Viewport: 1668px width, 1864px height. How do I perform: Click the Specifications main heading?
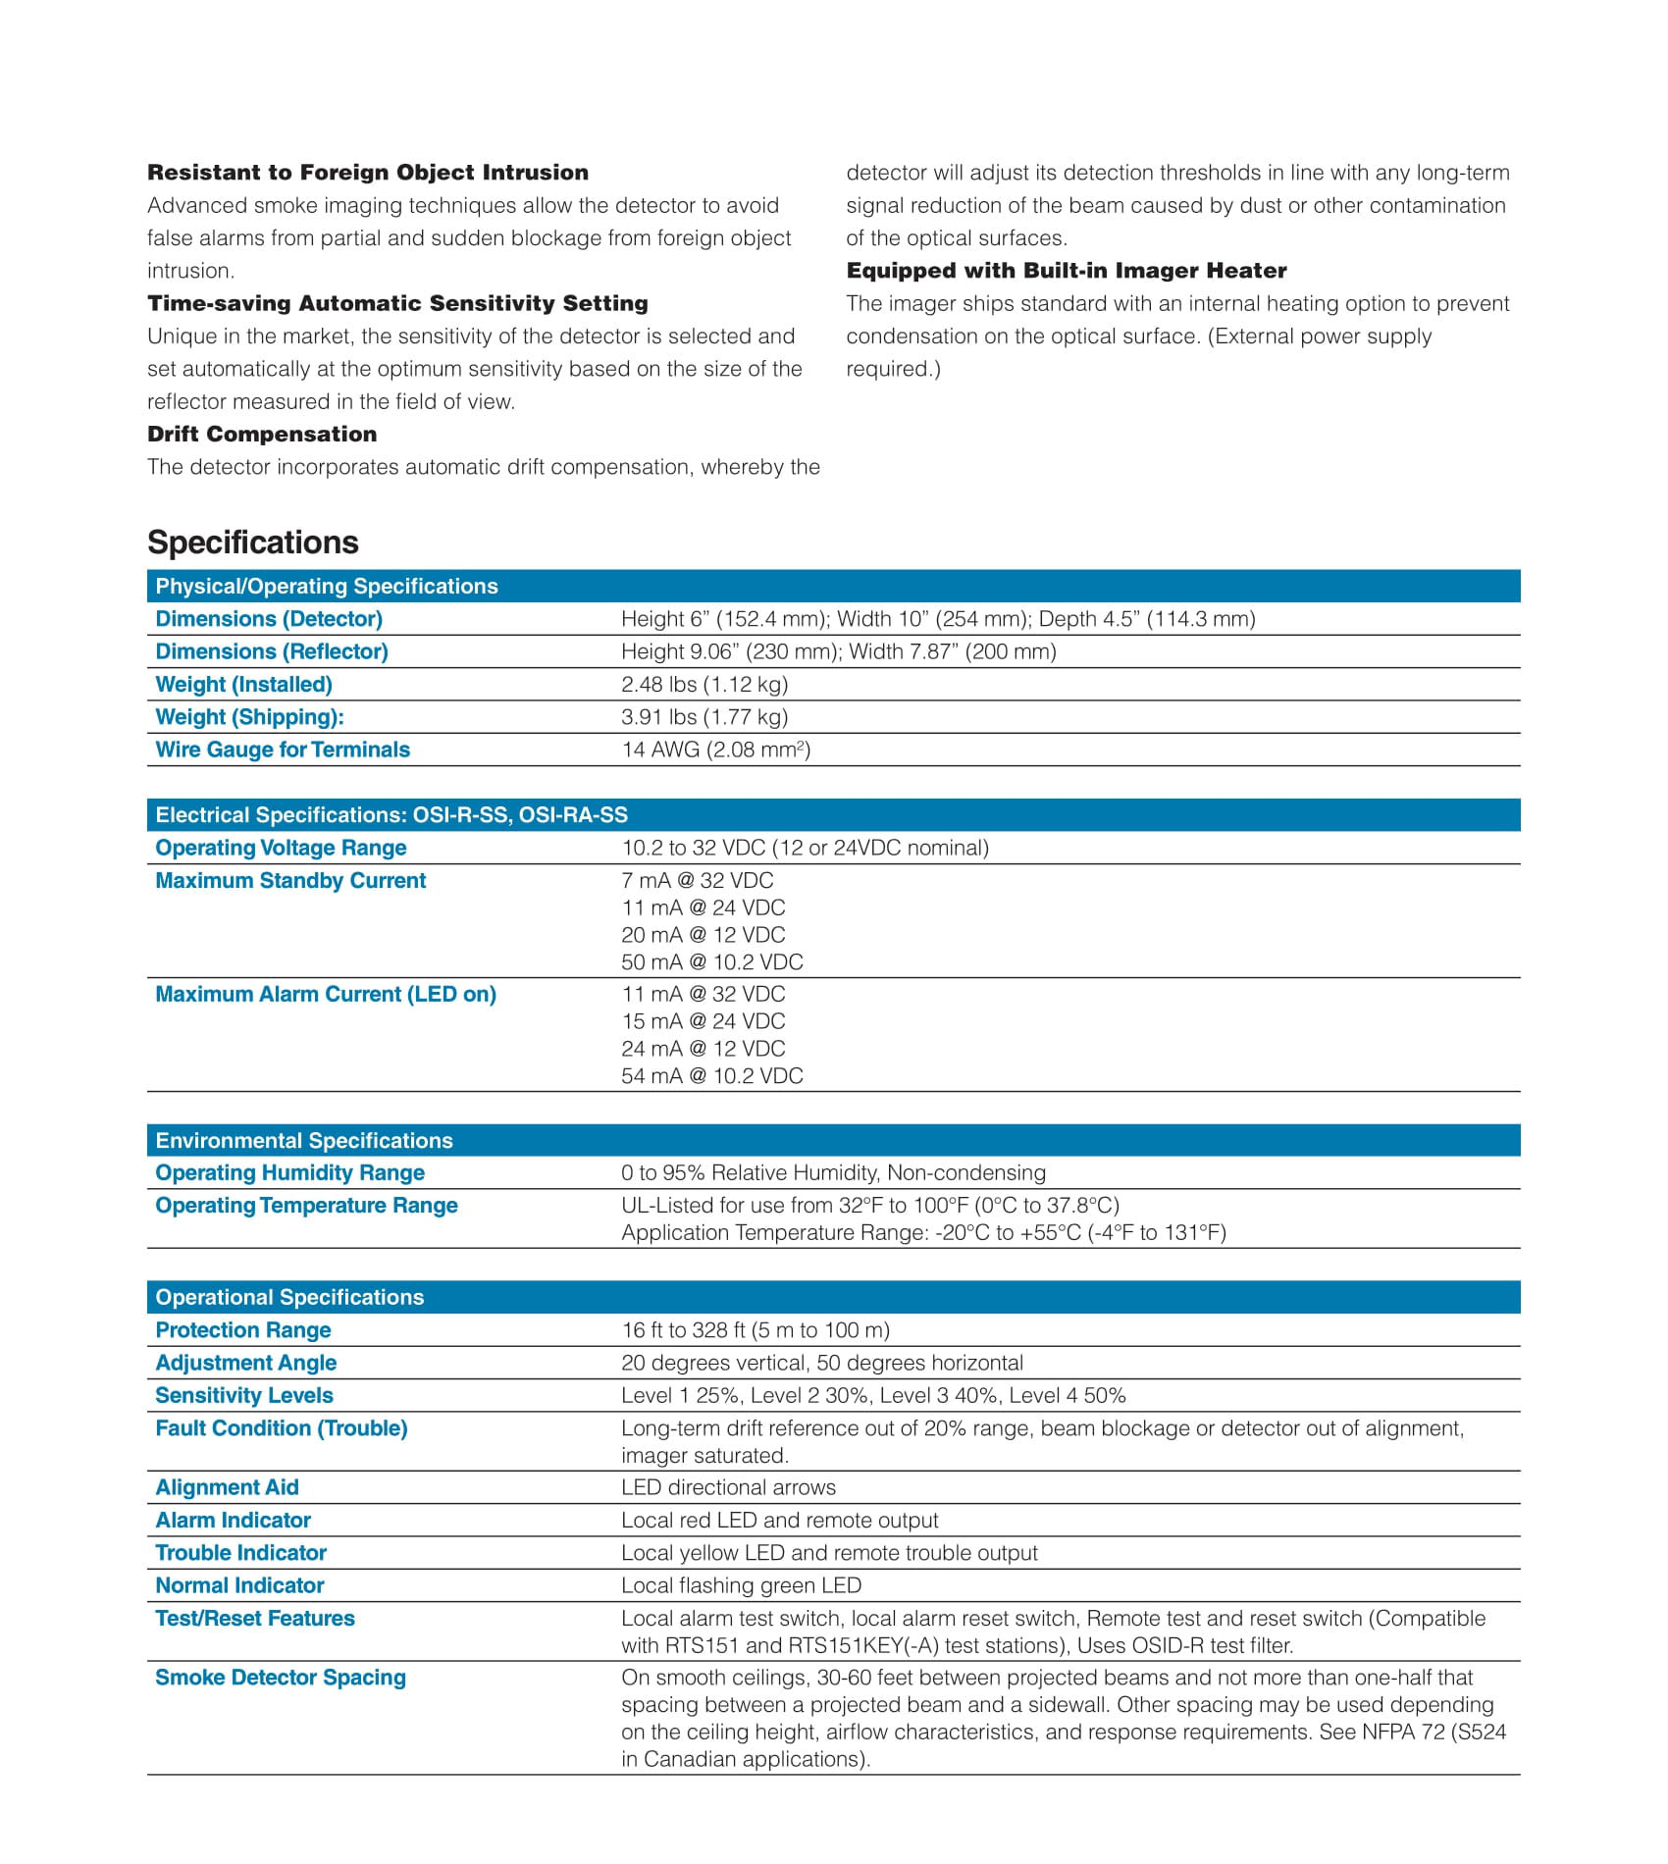(x=253, y=543)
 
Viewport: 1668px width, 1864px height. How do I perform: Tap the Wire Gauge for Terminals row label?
(x=283, y=750)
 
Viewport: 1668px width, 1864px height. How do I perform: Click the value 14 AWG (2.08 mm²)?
(x=715, y=750)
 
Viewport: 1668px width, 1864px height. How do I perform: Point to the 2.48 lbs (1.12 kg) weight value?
(x=704, y=684)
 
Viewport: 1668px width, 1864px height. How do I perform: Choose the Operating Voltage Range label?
(x=281, y=848)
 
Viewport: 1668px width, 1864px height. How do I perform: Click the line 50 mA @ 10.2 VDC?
(x=711, y=961)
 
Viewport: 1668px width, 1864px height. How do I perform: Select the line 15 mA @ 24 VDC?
(x=703, y=1020)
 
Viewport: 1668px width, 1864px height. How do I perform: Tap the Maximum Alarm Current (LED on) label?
(x=326, y=994)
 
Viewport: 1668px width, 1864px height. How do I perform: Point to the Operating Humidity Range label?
(x=289, y=1172)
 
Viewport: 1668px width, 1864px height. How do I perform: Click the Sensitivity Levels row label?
(x=244, y=1395)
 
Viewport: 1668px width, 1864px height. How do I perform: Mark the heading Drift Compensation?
(x=262, y=434)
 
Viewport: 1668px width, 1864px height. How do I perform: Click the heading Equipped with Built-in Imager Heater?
(x=1067, y=270)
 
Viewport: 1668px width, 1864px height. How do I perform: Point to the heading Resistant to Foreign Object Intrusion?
(x=368, y=172)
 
